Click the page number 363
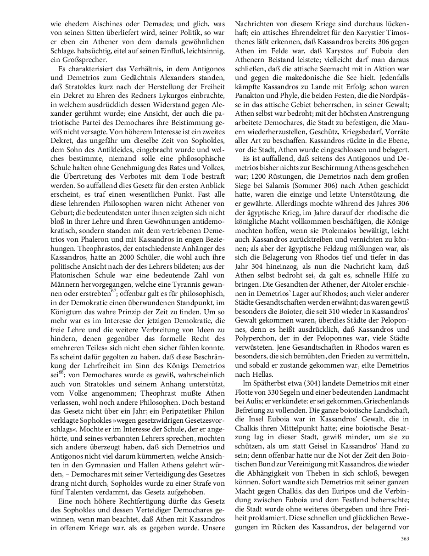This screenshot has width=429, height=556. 405,539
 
